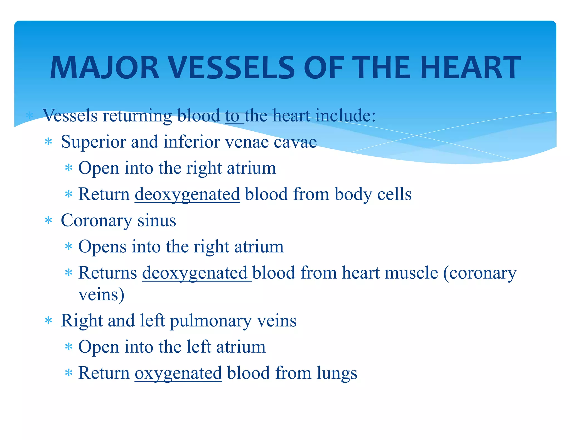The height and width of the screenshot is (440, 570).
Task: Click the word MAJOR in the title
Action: coord(104,68)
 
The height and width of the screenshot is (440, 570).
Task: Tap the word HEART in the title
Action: coord(470,68)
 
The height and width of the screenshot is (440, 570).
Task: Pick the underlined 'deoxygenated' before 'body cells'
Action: coord(187,194)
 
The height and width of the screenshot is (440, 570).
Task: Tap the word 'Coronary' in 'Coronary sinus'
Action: coord(96,221)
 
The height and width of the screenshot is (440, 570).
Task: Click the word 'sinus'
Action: coord(157,221)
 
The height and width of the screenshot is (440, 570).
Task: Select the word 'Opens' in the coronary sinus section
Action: coord(102,247)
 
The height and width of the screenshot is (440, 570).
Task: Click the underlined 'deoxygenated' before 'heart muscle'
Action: coord(195,273)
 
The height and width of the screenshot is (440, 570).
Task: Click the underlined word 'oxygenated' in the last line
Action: coord(178,373)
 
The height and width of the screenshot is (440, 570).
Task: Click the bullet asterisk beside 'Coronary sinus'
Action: coord(48,221)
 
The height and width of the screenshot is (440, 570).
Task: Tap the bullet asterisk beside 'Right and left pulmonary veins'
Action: coord(48,321)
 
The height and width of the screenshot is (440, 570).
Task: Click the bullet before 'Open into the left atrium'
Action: coord(68,347)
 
